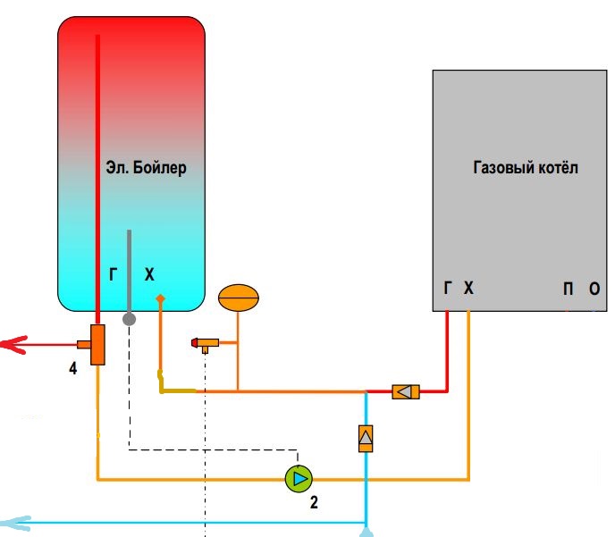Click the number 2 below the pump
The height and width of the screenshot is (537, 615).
[314, 502]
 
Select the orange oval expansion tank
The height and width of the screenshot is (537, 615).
[239, 298]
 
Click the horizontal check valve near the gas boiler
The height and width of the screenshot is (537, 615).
[405, 391]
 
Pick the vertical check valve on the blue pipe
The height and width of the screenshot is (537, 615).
[366, 437]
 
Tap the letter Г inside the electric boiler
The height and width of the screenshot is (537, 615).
[114, 276]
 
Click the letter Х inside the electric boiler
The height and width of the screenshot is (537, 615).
[149, 276]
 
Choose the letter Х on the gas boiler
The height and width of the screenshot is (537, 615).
[468, 288]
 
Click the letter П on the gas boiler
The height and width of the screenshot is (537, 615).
[568, 288]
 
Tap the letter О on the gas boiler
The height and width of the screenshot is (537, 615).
[594, 288]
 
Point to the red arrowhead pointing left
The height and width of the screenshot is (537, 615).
[11, 343]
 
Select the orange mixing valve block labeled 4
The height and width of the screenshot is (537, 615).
[96, 343]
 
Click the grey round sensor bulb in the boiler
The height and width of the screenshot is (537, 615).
[129, 317]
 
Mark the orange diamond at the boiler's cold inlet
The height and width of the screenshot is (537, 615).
[160, 298]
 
